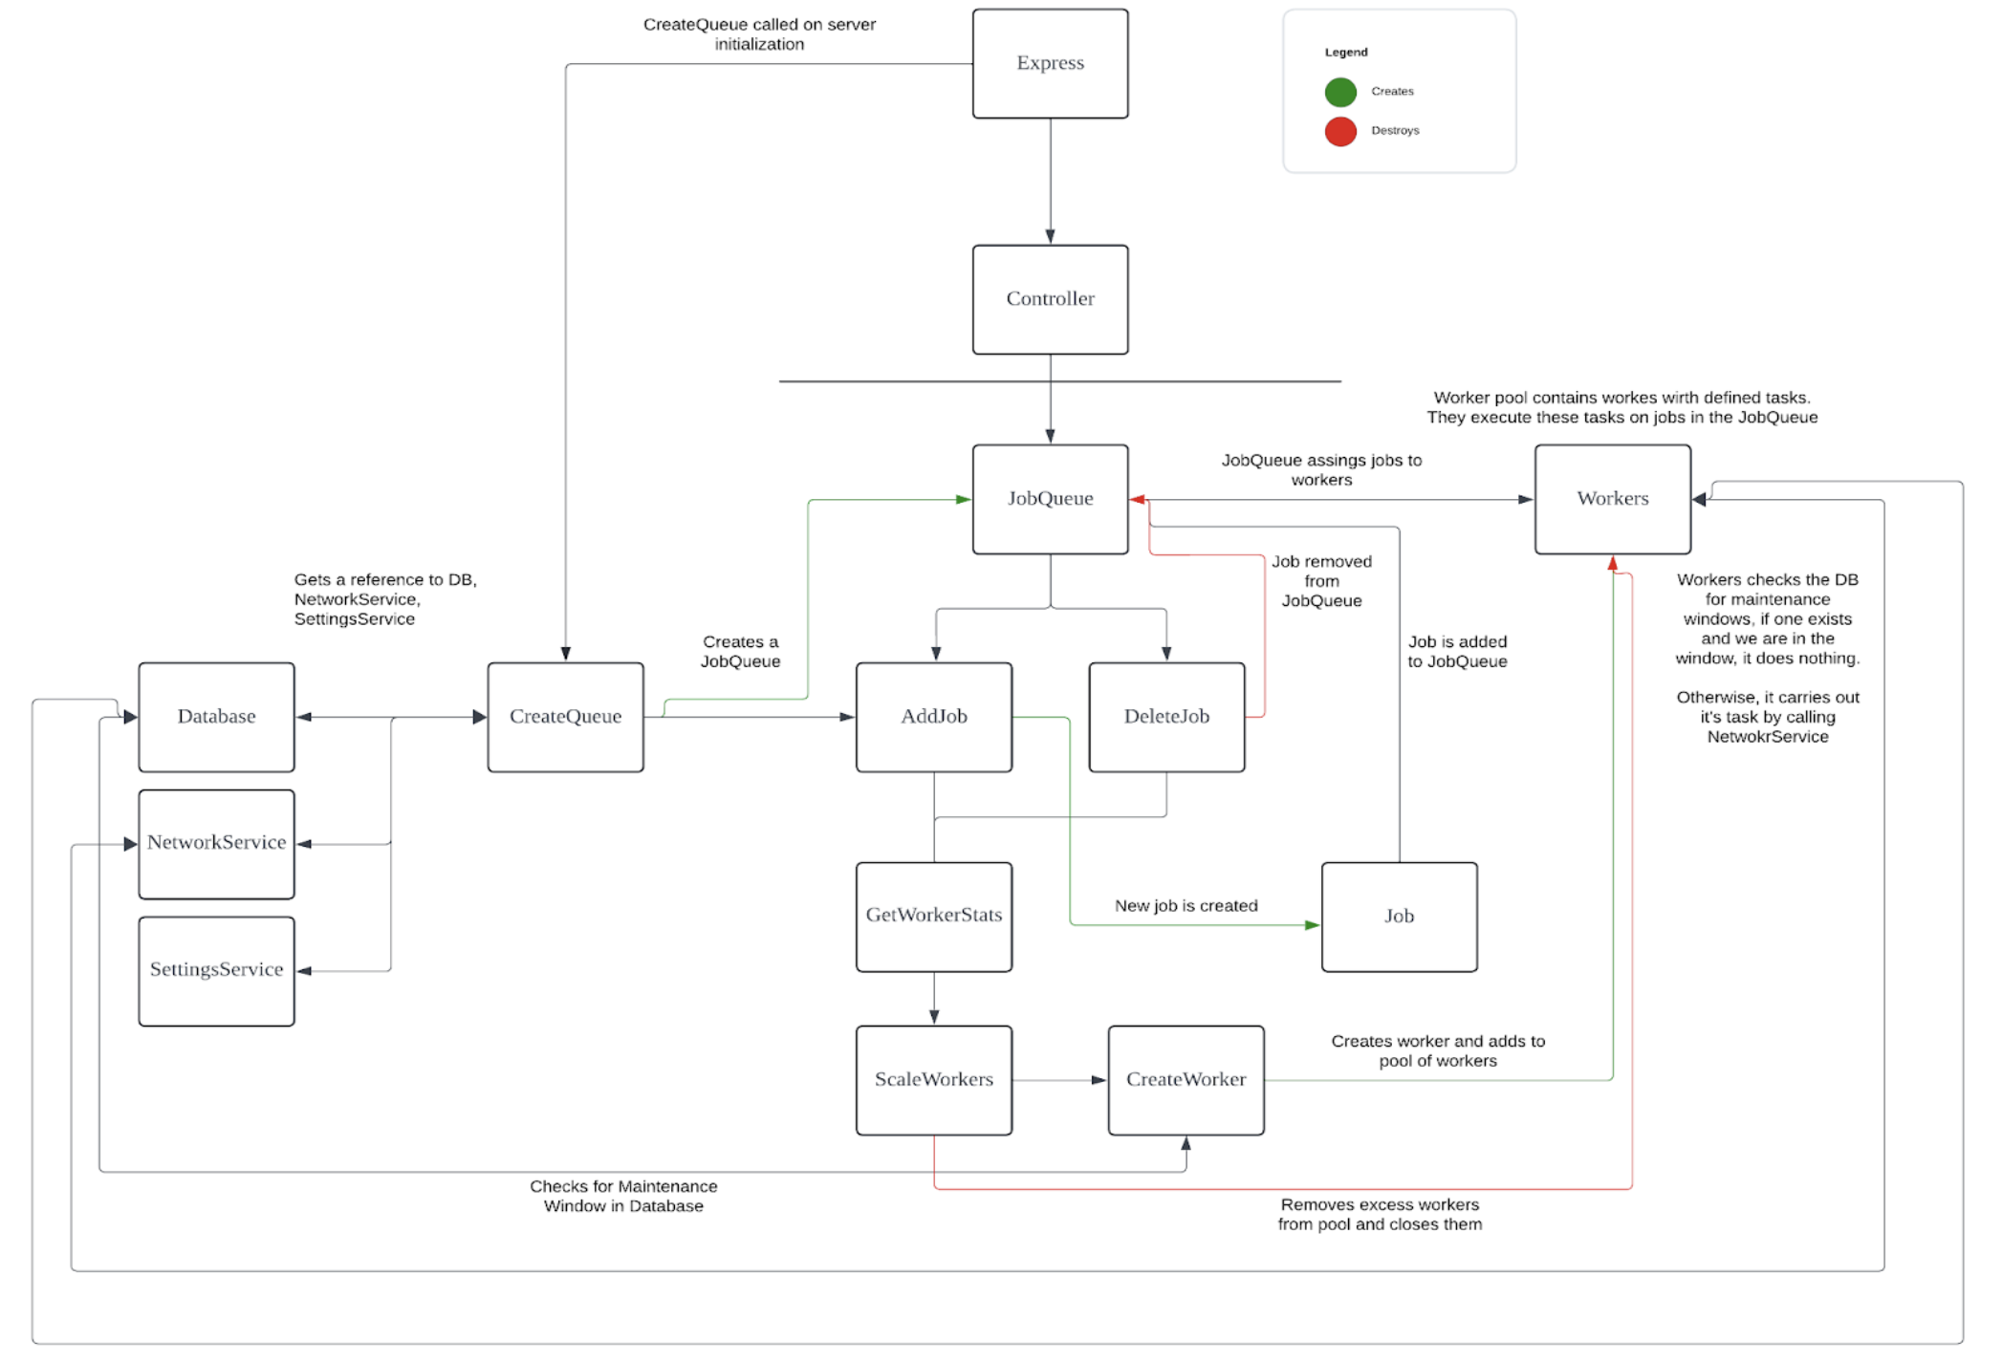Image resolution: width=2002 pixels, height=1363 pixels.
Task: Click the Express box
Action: tap(1050, 64)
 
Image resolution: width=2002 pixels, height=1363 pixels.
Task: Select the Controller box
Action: tap(1050, 299)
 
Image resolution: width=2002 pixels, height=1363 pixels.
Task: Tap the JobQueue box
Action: tap(1050, 499)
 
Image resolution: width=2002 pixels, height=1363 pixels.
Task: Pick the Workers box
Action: tap(1612, 499)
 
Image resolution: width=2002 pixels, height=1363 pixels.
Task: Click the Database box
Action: tap(216, 717)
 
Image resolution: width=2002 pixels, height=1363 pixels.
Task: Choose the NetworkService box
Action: tap(216, 843)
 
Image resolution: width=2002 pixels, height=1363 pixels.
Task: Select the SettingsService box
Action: tap(216, 970)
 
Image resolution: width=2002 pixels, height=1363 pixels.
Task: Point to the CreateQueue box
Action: tap(565, 717)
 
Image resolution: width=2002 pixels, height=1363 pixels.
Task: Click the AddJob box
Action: tap(933, 717)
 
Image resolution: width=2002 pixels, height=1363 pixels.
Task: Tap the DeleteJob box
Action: tap(1166, 717)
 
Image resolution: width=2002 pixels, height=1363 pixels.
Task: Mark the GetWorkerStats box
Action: tap(933, 916)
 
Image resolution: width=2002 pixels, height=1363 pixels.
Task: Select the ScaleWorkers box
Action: tap(933, 1080)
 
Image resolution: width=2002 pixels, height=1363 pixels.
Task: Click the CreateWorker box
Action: tap(1186, 1080)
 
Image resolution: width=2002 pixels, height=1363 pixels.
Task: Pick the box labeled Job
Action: tap(1399, 917)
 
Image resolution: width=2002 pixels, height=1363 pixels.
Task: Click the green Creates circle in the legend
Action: tap(1340, 92)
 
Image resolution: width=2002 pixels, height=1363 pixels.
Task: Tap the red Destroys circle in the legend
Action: tap(1340, 131)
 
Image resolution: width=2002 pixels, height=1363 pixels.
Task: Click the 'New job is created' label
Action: tap(1186, 905)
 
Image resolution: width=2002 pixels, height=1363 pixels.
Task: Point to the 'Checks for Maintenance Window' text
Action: tap(623, 1196)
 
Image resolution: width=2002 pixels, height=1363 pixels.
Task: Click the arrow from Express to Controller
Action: tap(1050, 182)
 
